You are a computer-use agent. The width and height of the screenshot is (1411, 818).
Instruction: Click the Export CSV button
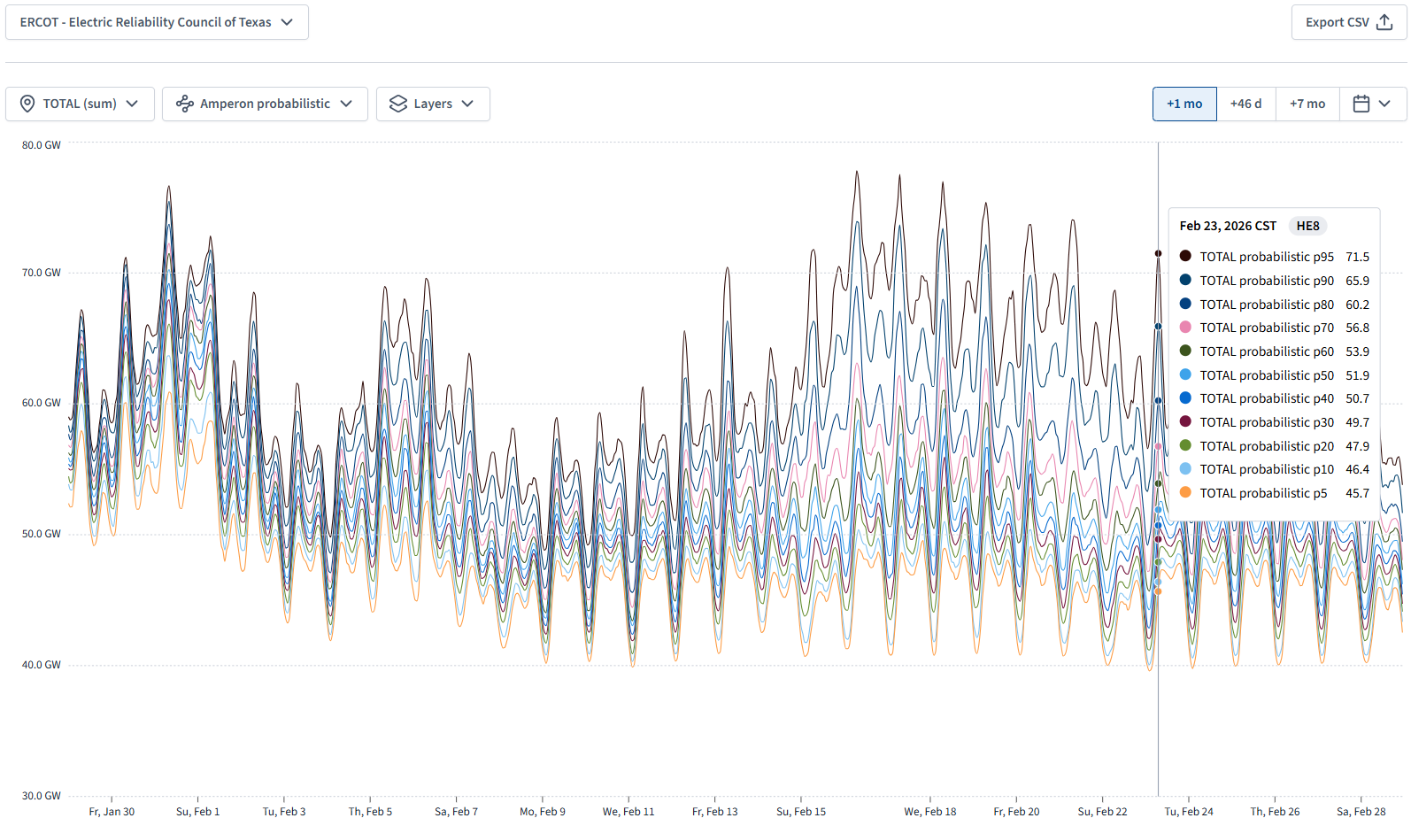(1348, 22)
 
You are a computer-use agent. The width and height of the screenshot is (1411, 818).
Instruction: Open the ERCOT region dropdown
(157, 22)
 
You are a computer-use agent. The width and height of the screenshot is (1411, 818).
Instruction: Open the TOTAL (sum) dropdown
(80, 104)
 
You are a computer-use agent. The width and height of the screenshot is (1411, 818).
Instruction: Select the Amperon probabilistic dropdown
(265, 104)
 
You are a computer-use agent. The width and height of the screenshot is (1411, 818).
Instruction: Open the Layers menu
(433, 104)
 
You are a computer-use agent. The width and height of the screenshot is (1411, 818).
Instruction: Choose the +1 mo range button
(1184, 104)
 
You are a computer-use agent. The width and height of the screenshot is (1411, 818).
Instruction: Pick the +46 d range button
(1245, 104)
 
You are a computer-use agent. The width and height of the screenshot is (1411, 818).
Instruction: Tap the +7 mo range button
(1307, 104)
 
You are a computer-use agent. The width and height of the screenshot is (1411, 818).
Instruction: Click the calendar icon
(1361, 104)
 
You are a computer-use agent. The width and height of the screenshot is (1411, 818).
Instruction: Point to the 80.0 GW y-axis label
(42, 145)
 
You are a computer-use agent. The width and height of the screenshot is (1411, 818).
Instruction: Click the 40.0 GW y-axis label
(42, 665)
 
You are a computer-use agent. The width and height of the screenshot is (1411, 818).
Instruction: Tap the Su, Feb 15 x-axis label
(801, 811)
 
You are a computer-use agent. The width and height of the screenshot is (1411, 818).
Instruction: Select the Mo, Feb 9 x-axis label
(543, 811)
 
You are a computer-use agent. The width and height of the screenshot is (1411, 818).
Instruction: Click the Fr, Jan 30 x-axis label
(112, 811)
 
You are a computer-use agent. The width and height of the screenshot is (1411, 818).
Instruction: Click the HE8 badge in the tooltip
(1307, 226)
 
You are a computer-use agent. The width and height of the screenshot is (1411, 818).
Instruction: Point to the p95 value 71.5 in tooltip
(1357, 257)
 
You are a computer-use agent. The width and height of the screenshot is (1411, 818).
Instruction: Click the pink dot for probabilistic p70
(1185, 328)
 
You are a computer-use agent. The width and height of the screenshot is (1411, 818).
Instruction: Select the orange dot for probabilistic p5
(1185, 493)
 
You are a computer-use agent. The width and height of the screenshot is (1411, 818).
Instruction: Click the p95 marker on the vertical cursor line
(1158, 253)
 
